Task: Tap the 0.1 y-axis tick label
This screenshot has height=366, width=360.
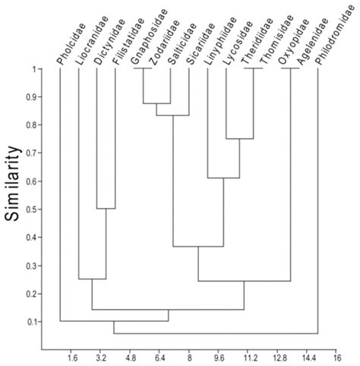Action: click(31, 322)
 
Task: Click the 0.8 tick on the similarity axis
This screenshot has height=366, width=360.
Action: click(31, 125)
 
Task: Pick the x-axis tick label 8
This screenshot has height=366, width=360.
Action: click(188, 355)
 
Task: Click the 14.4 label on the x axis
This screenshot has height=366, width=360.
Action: click(306, 355)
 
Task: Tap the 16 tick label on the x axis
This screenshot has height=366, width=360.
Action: click(336, 355)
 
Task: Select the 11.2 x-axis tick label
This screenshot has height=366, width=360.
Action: click(248, 355)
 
